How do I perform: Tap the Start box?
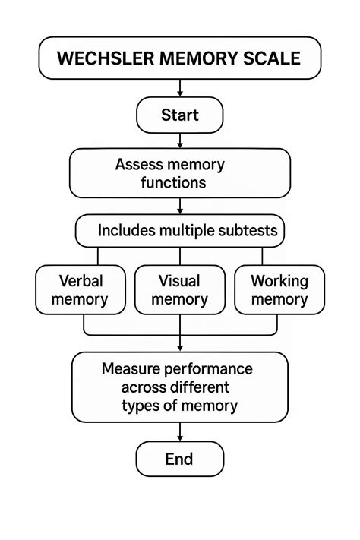(179, 115)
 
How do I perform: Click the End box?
(179, 459)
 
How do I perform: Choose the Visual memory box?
(179, 290)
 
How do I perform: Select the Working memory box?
(279, 290)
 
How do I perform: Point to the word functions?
(173, 182)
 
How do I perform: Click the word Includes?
(125, 230)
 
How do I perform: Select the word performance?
(208, 369)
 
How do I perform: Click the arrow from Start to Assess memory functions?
(179, 140)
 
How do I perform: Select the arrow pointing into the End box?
(179, 431)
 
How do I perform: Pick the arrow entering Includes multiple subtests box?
(179, 206)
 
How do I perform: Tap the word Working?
(279, 281)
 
